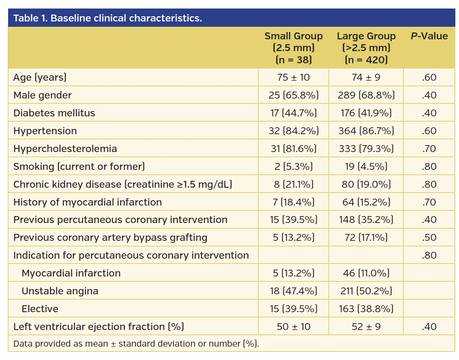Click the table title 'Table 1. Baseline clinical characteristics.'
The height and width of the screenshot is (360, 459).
pos(107,18)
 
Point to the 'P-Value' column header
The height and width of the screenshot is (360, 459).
pos(429,36)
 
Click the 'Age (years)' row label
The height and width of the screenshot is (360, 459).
pos(40,77)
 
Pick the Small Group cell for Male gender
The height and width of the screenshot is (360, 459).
pos(294,95)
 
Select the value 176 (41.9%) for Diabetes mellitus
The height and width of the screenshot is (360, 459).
pos(366,113)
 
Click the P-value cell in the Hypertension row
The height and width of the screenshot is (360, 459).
pos(429,131)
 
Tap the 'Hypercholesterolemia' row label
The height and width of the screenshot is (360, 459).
pos(65,149)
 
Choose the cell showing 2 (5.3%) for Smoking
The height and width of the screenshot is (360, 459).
pos(294,167)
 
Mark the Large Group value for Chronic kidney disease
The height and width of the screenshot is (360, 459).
pos(366,184)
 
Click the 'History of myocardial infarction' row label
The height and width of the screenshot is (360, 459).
pos(88,202)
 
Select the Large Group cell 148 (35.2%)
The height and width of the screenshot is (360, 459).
pos(366,220)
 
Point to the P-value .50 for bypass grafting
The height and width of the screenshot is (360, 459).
pos(429,238)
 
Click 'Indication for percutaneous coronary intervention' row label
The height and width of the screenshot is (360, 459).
pos(131,255)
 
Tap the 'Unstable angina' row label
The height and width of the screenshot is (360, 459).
pos(60,291)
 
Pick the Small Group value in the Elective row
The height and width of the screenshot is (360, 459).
pos(294,309)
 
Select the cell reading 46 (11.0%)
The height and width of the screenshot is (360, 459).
pos(366,273)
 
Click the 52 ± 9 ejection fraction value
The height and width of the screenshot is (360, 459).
pos(366,327)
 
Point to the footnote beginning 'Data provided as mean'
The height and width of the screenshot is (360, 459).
pos(136,344)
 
